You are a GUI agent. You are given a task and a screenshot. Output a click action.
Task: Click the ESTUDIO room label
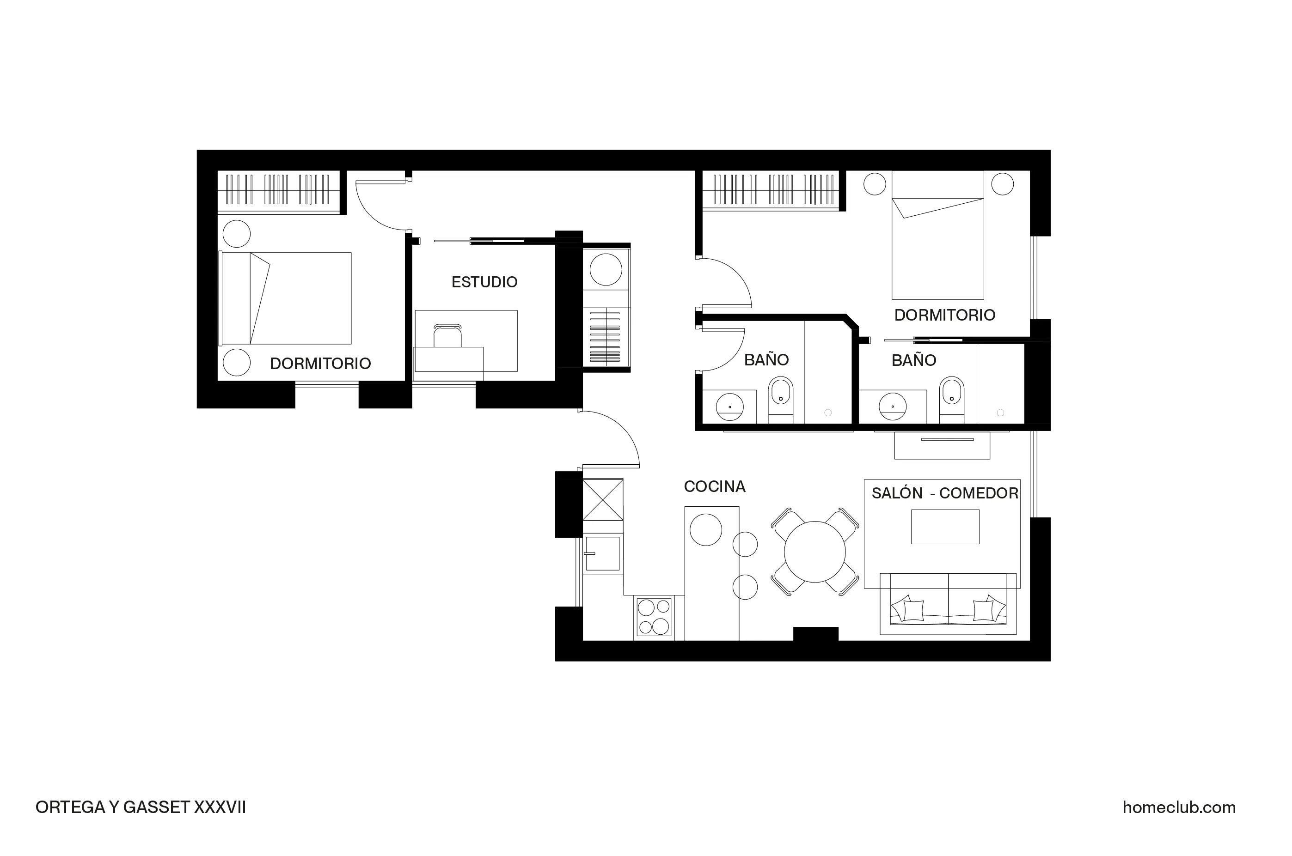click(484, 282)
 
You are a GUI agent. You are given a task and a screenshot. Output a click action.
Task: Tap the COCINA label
click(714, 486)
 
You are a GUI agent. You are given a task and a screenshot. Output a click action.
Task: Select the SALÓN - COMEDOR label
click(944, 493)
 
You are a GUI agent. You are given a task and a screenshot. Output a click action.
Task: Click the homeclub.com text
click(1179, 807)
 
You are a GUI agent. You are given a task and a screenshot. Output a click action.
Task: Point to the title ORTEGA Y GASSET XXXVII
click(141, 807)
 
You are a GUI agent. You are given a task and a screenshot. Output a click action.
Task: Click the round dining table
click(814, 552)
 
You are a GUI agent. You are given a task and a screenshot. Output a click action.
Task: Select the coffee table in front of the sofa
click(944, 526)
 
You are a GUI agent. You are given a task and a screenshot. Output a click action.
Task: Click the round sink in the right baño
click(892, 406)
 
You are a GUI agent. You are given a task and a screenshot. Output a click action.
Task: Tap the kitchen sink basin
click(603, 553)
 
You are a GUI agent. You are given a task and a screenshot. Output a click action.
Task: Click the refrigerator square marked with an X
click(603, 499)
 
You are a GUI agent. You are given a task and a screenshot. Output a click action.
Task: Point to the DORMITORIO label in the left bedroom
click(320, 364)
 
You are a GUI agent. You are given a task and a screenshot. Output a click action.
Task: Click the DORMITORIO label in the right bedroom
click(944, 315)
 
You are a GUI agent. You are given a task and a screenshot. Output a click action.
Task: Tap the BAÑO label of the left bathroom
click(766, 360)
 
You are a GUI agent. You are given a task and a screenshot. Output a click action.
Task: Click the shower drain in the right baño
click(1000, 413)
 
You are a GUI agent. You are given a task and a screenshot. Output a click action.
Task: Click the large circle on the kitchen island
click(705, 529)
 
